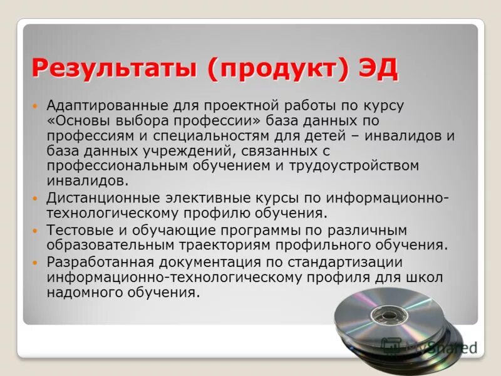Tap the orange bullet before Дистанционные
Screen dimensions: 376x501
tap(36, 198)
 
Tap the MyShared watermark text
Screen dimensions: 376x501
tap(438, 345)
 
